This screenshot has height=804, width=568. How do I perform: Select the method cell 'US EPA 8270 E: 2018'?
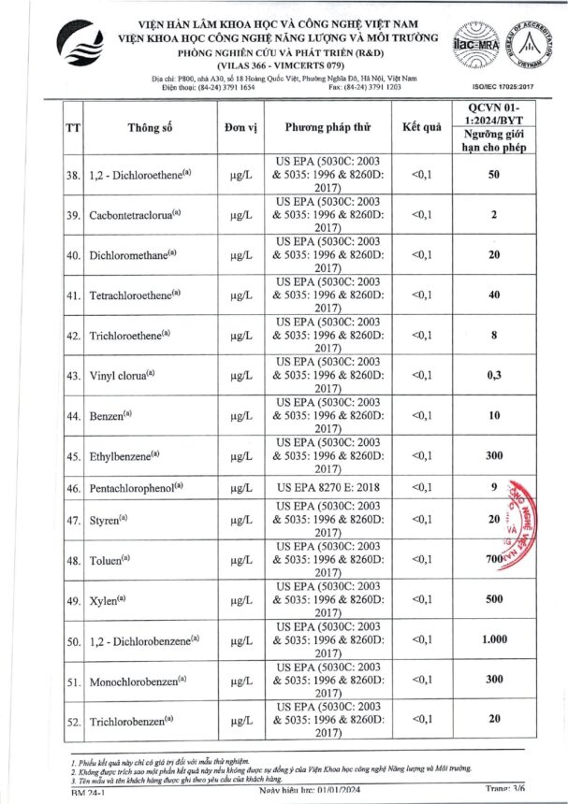pyautogui.click(x=328, y=487)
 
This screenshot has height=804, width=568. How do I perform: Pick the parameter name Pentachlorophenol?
pyautogui.click(x=137, y=487)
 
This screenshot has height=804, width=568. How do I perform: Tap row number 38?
pyautogui.click(x=72, y=175)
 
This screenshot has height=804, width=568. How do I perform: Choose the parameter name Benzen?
pyautogui.click(x=111, y=415)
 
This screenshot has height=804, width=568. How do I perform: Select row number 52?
pyautogui.click(x=72, y=722)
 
